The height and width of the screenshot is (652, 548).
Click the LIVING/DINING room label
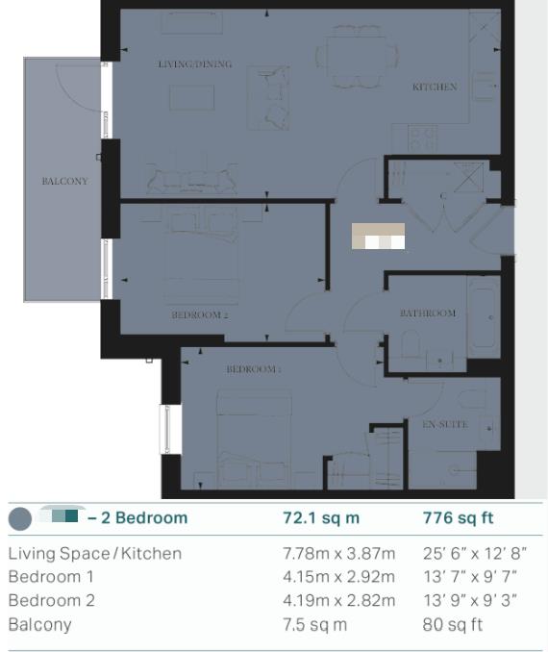point(194,64)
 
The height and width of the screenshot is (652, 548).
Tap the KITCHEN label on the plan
point(435,88)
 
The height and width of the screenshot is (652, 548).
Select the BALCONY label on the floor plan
point(64,181)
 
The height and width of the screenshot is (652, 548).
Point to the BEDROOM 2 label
point(200,314)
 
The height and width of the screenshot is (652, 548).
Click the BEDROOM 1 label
point(254,369)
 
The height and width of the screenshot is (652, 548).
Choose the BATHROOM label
point(428,313)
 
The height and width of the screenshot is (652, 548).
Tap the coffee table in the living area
point(193,98)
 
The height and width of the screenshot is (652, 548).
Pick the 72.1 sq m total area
point(320,518)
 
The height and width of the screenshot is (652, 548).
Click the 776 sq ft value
point(458,518)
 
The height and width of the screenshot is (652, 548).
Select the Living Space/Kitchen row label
point(94,554)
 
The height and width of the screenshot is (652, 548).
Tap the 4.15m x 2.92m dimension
point(338,577)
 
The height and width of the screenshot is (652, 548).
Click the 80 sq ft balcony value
point(453,625)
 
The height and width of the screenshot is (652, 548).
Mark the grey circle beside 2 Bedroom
point(19,519)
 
